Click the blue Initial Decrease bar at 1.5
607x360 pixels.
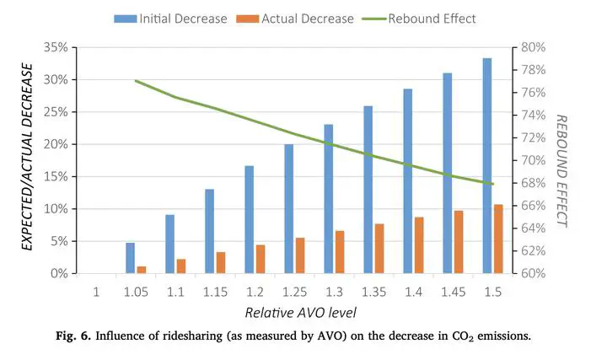click(486, 165)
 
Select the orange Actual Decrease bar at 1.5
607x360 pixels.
click(498, 239)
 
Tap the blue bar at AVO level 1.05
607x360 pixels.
click(130, 258)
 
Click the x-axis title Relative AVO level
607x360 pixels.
click(300, 313)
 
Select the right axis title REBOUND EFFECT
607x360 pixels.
click(562, 171)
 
